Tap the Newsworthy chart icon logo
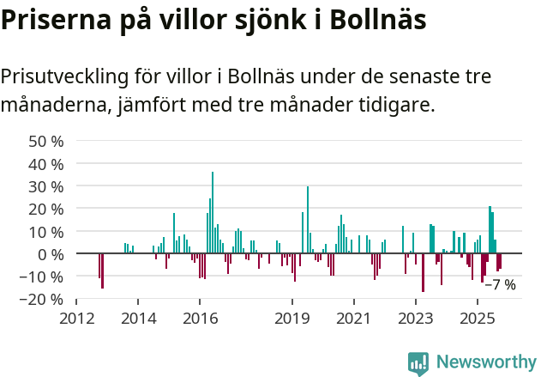coord(418,363)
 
